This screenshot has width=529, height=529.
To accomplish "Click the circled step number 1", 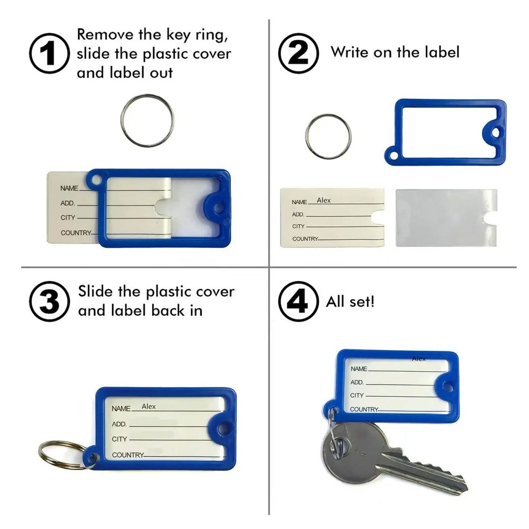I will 49,53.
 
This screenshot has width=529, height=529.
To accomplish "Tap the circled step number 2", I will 298,53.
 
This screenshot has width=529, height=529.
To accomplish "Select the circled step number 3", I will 49,302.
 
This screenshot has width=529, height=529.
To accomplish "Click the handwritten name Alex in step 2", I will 324,200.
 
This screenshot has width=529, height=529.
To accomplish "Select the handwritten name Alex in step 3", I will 149,406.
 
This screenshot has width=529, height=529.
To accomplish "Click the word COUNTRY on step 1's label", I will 75,233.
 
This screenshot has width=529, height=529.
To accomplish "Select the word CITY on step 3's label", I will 119,439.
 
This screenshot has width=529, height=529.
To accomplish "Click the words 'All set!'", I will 350,302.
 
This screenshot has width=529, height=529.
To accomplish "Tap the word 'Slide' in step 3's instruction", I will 95,291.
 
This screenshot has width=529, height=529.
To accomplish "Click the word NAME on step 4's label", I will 358,369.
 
